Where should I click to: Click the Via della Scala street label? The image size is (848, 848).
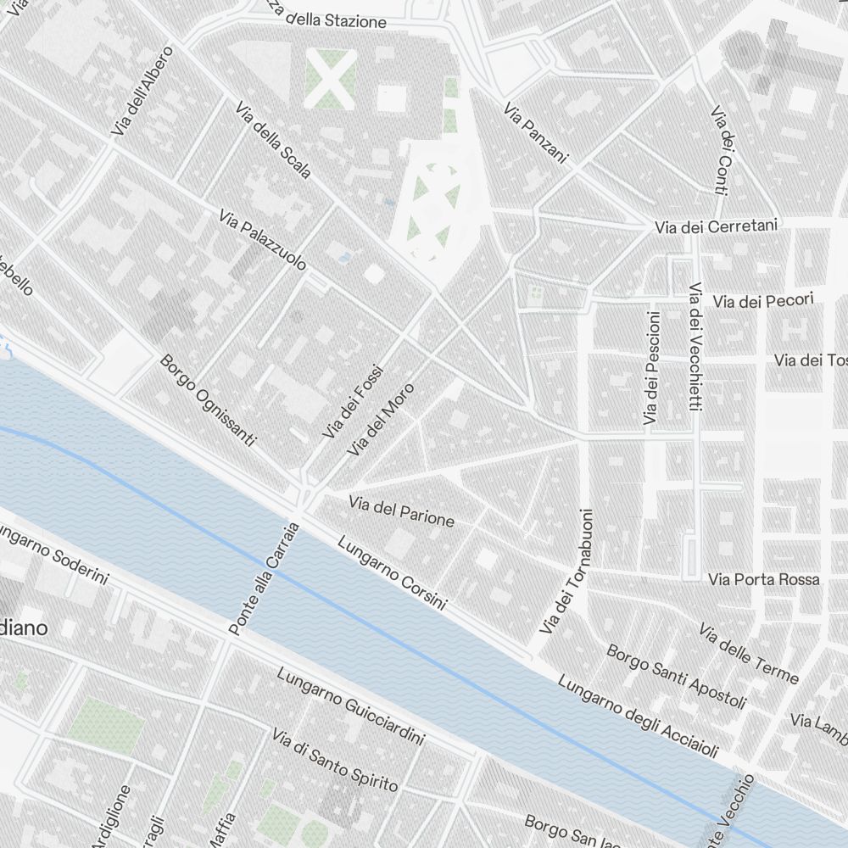click(275, 141)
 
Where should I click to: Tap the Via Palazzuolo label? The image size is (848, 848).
click(262, 241)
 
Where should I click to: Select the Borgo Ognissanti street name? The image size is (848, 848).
click(207, 401)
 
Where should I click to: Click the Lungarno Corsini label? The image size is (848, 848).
click(392, 573)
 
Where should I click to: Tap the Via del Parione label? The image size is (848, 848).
click(401, 510)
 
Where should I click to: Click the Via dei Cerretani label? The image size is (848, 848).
click(716, 228)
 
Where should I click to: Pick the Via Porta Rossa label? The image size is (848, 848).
click(763, 579)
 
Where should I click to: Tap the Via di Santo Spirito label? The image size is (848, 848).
click(334, 759)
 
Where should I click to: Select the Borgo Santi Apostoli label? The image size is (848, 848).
click(677, 677)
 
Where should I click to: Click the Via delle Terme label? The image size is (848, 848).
click(749, 654)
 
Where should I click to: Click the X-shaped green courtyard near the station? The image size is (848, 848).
click(330, 79)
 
